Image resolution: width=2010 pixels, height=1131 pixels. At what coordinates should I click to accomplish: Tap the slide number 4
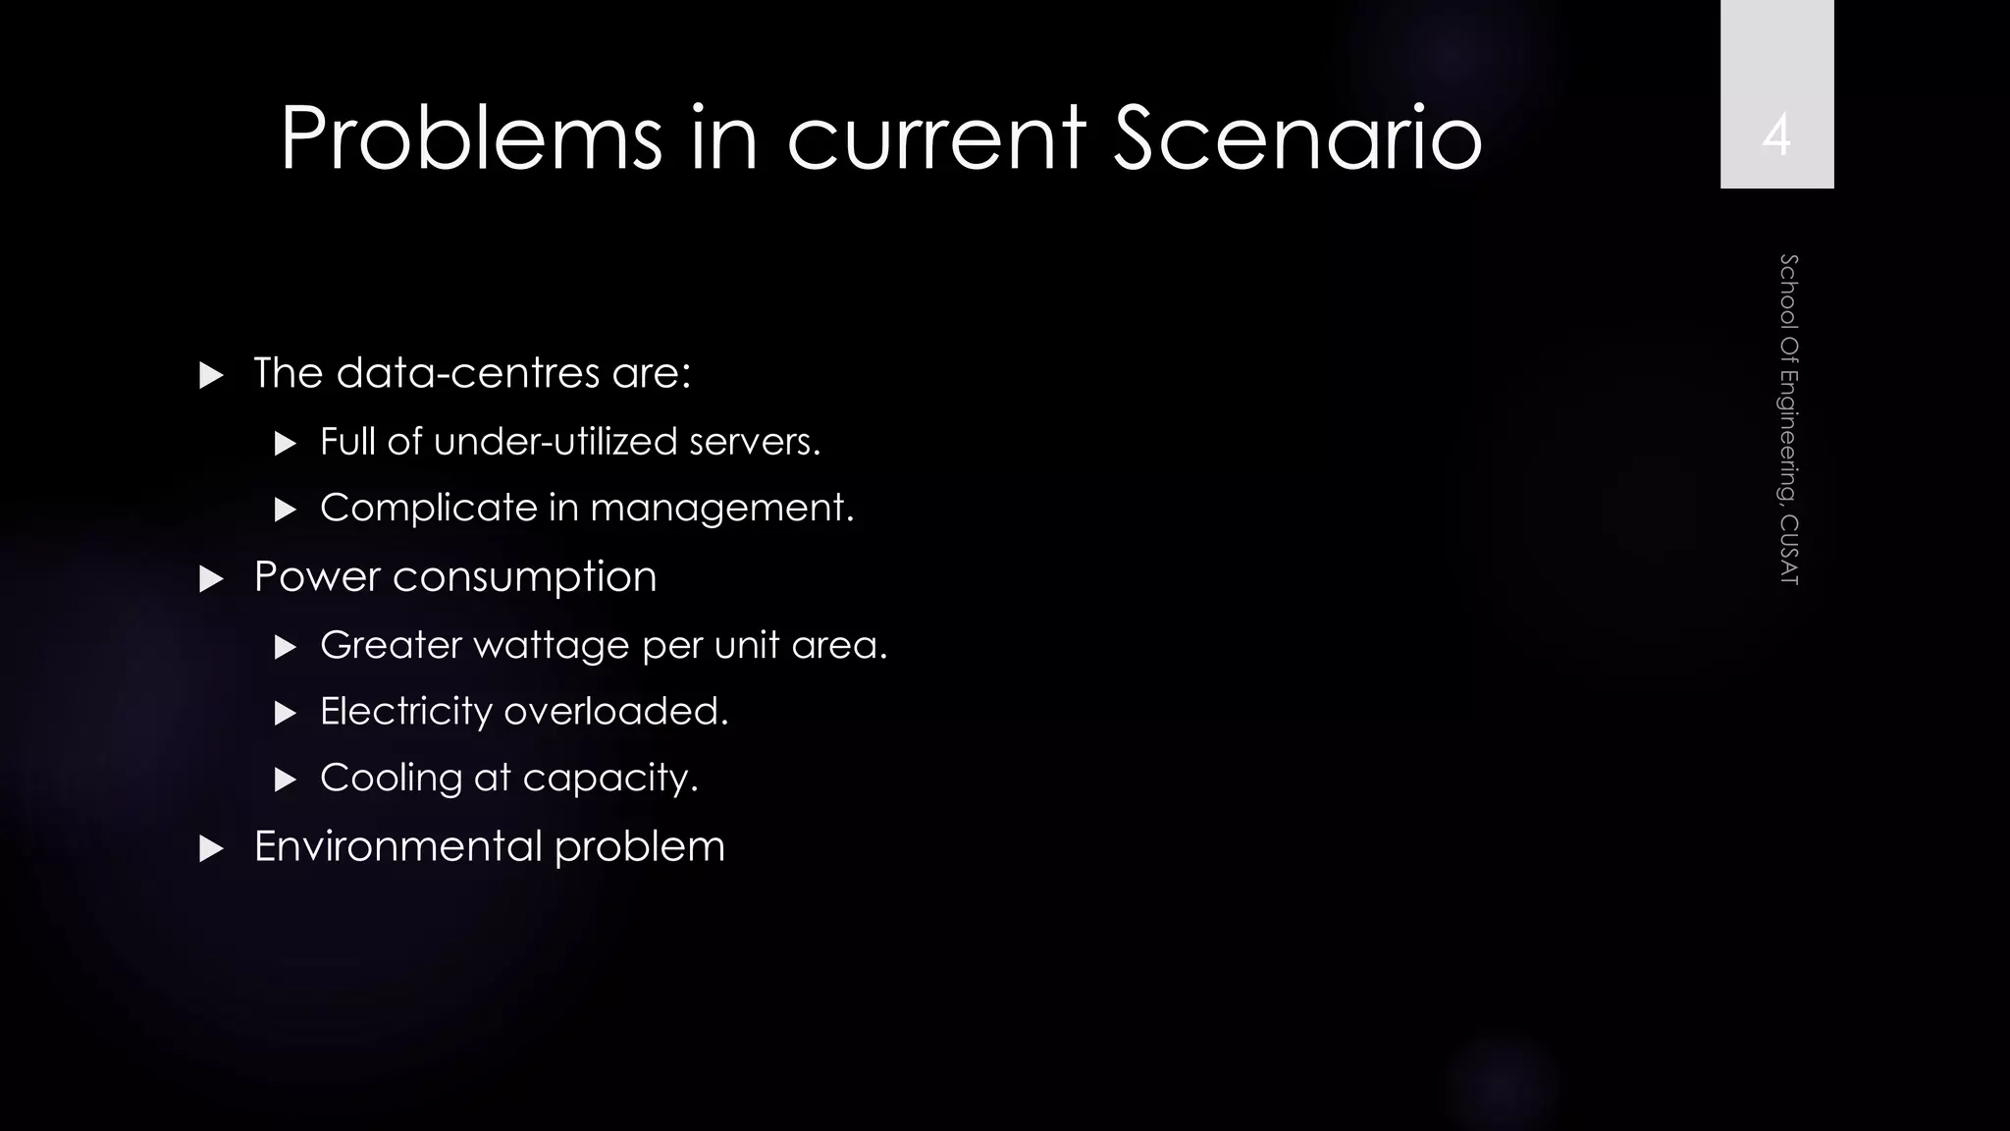(1776, 135)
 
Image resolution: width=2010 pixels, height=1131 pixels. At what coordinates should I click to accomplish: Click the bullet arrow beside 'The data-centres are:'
(211, 375)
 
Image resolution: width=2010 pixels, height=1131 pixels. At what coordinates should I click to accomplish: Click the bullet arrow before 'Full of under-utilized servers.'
(286, 444)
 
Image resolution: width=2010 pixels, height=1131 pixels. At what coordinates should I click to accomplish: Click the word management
(720, 509)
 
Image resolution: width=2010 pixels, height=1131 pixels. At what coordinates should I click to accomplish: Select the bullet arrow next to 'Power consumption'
(211, 578)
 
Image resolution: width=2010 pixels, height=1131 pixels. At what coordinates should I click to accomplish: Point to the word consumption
(524, 577)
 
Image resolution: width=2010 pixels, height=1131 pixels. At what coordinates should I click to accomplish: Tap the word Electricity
(406, 712)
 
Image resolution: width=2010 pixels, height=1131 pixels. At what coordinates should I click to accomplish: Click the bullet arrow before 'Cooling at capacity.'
(286, 781)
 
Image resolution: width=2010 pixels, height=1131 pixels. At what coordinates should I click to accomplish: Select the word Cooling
(391, 779)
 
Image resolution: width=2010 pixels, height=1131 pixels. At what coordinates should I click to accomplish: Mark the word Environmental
(397, 846)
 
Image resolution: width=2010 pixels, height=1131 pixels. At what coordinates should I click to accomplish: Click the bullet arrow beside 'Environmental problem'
(211, 849)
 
